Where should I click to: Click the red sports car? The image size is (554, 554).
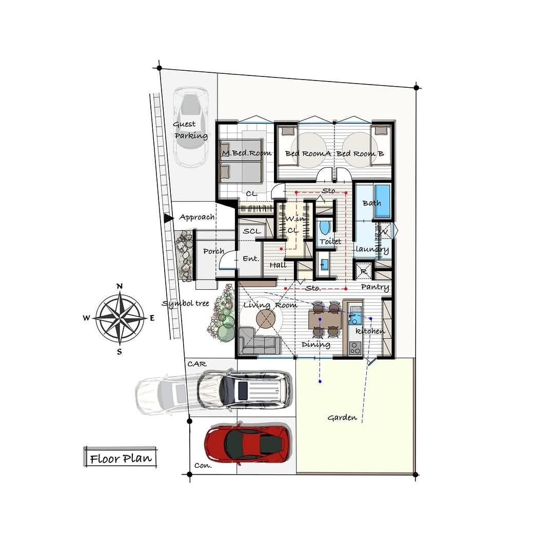(248, 443)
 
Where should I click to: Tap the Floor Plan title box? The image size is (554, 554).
(120, 457)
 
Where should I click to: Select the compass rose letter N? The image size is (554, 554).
(120, 286)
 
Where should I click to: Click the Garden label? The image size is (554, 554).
(342, 418)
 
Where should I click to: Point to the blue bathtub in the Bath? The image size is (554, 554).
(382, 201)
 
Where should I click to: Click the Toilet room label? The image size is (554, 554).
(330, 241)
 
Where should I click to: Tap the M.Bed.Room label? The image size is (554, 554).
(247, 153)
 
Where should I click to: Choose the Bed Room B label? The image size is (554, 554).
(360, 154)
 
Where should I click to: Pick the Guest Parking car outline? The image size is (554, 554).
(190, 127)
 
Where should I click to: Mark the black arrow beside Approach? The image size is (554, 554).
(169, 219)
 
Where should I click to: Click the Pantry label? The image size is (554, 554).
(375, 287)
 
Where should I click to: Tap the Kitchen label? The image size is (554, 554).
(370, 331)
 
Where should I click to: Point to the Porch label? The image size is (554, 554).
(214, 251)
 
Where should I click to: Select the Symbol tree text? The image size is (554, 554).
(186, 304)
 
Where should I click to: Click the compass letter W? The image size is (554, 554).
(87, 318)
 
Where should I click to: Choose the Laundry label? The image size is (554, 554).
(372, 249)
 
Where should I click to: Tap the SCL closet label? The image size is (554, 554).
(252, 231)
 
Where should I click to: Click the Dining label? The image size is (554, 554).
(316, 345)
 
